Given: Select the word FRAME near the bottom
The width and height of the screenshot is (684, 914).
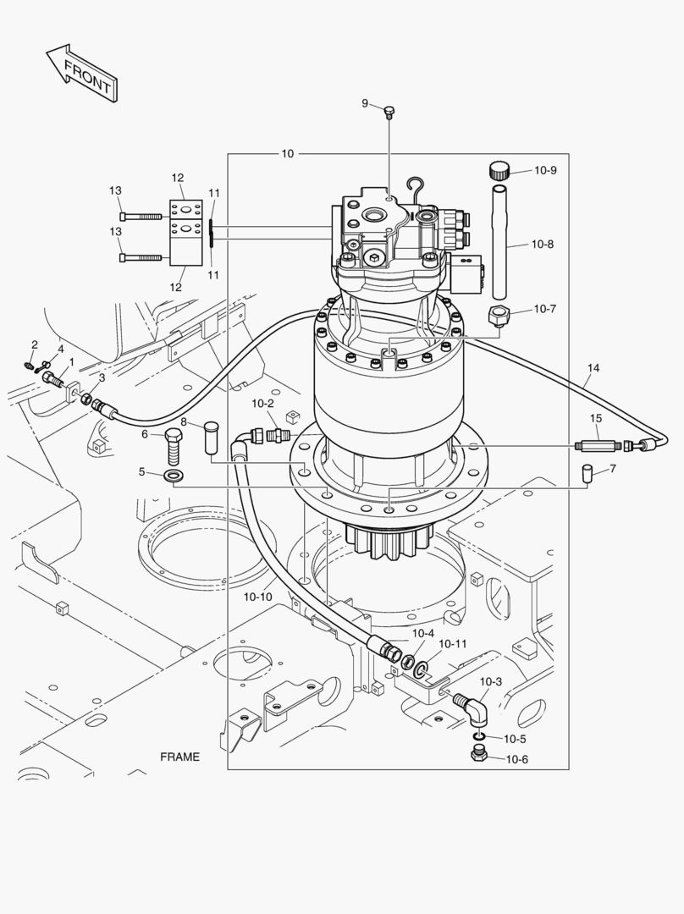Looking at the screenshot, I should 179,757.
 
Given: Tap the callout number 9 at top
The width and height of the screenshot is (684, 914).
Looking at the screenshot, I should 365,103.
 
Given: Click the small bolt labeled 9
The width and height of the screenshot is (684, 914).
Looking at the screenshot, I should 389,112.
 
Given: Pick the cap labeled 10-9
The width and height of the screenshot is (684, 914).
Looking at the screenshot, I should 499,170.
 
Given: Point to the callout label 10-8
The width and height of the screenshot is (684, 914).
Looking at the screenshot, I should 543,245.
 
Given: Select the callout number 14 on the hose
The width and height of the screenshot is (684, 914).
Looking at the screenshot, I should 593,368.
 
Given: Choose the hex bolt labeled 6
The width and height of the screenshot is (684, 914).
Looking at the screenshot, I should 174,443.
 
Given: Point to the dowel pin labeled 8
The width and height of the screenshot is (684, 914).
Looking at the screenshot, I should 211,438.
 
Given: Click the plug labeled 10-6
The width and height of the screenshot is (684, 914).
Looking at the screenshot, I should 479,755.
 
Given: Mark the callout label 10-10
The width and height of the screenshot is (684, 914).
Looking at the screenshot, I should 257,597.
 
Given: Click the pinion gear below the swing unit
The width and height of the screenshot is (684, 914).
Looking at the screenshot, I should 390,541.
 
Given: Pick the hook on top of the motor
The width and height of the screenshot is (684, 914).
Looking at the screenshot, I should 414,185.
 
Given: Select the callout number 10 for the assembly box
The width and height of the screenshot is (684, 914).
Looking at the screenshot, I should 288,153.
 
